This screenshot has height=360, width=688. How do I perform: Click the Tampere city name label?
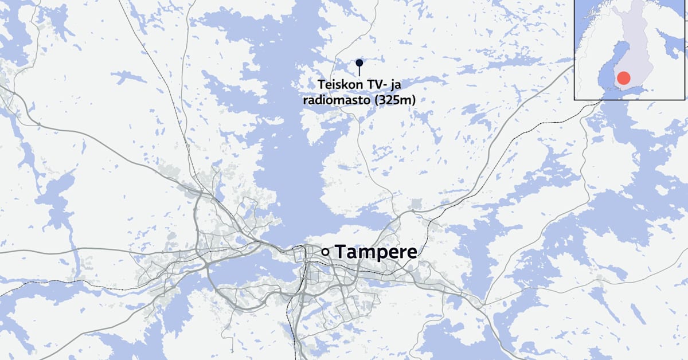click(x=376, y=251)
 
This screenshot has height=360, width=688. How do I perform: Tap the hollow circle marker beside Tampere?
click(x=325, y=251)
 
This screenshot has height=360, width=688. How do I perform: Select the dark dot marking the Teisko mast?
click(x=359, y=62)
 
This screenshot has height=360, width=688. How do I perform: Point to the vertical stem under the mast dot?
click(x=359, y=71)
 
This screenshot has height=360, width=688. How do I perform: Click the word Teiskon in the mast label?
click(x=339, y=85)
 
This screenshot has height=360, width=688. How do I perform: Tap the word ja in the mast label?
click(x=396, y=85)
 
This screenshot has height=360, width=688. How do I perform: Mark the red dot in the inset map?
click(x=623, y=79)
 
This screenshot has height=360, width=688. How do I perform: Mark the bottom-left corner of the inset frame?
click(x=575, y=99)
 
